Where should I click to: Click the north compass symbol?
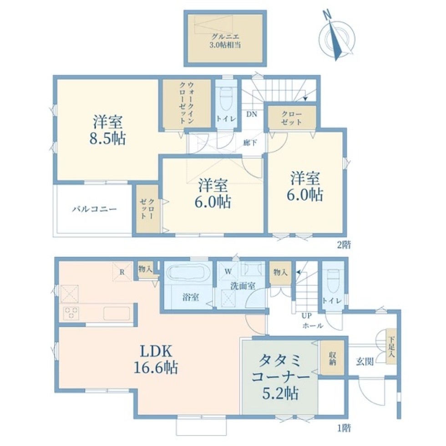click(337, 35)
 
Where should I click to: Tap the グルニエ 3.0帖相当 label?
click(225, 41)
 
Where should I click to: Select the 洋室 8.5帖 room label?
click(107, 131)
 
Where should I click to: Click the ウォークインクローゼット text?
click(187, 103)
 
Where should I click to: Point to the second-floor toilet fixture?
click(226, 98)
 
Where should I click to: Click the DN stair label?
click(251, 114)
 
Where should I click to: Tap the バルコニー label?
click(94, 209)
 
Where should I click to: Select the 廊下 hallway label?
click(250, 143)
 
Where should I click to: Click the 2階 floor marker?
click(344, 245)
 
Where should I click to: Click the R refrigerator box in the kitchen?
click(122, 272)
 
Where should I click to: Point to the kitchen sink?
click(117, 313)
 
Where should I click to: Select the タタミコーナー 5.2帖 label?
click(280, 377)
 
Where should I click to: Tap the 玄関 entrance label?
click(365, 361)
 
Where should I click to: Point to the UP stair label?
click(307, 315)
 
